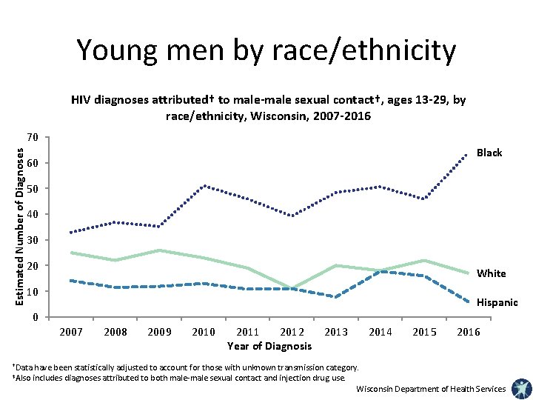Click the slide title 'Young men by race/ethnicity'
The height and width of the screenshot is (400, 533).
click(x=266, y=50)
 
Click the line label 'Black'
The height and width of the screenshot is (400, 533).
click(x=489, y=153)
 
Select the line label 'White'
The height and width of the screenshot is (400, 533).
click(x=491, y=273)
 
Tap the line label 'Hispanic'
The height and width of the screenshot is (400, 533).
click(x=497, y=302)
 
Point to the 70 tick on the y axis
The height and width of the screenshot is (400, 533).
click(x=32, y=137)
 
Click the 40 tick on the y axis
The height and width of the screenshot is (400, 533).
click(x=32, y=215)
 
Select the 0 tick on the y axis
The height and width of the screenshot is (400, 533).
click(x=35, y=318)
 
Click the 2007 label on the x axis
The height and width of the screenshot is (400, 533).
click(x=71, y=332)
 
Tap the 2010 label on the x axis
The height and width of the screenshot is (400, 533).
click(x=204, y=332)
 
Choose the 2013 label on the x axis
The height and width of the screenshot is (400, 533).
click(x=335, y=332)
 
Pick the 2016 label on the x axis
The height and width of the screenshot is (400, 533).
click(x=468, y=332)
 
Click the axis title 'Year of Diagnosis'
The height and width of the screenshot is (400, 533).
click(x=269, y=346)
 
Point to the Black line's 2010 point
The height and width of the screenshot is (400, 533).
click(x=204, y=185)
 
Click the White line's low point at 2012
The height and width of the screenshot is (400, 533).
click(x=292, y=289)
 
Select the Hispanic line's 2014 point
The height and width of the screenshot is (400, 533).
click(x=380, y=271)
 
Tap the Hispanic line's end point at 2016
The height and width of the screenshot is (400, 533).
click(x=468, y=301)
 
